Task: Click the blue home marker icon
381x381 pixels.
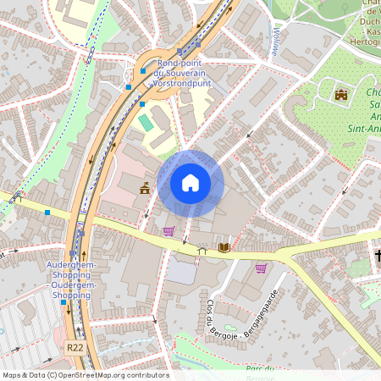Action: click(x=190, y=182)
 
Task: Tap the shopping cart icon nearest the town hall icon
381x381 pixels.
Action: click(x=168, y=231)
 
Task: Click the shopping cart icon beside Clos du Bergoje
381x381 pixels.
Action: click(x=261, y=268)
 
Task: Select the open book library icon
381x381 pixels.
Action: click(x=224, y=247)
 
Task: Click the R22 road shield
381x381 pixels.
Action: click(x=74, y=347)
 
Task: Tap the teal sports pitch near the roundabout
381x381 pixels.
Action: click(x=147, y=123)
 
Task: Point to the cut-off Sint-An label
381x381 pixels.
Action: click(x=365, y=129)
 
